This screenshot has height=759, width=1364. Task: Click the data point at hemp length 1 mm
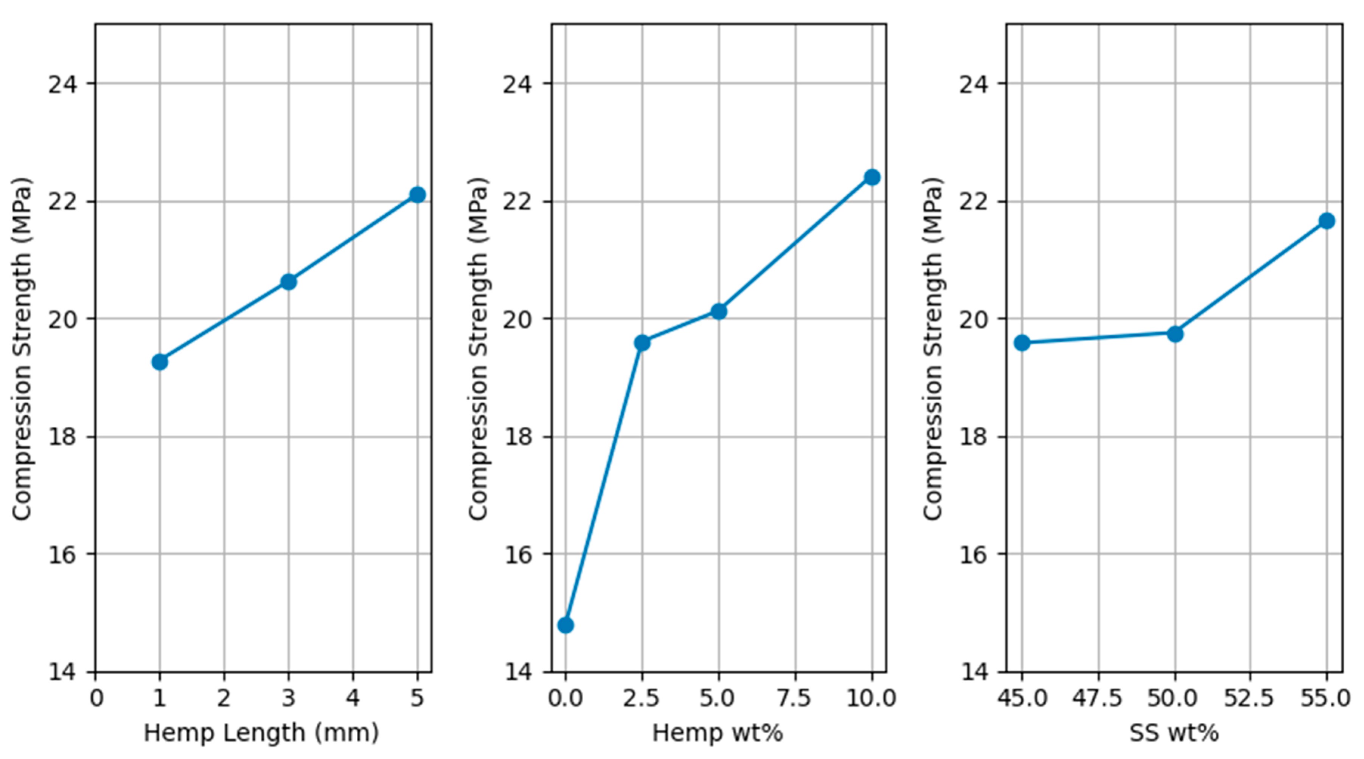pos(159,362)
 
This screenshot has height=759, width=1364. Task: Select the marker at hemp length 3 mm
pos(288,282)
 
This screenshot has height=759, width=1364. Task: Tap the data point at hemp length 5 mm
pos(417,195)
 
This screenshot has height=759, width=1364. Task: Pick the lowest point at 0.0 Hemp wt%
pos(565,625)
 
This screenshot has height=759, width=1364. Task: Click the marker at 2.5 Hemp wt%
pos(642,343)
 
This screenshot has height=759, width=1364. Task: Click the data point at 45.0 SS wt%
pos(1022,343)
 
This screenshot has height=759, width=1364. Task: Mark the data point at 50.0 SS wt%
pos(1175,334)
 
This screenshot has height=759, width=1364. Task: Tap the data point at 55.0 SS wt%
pos(1327,221)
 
